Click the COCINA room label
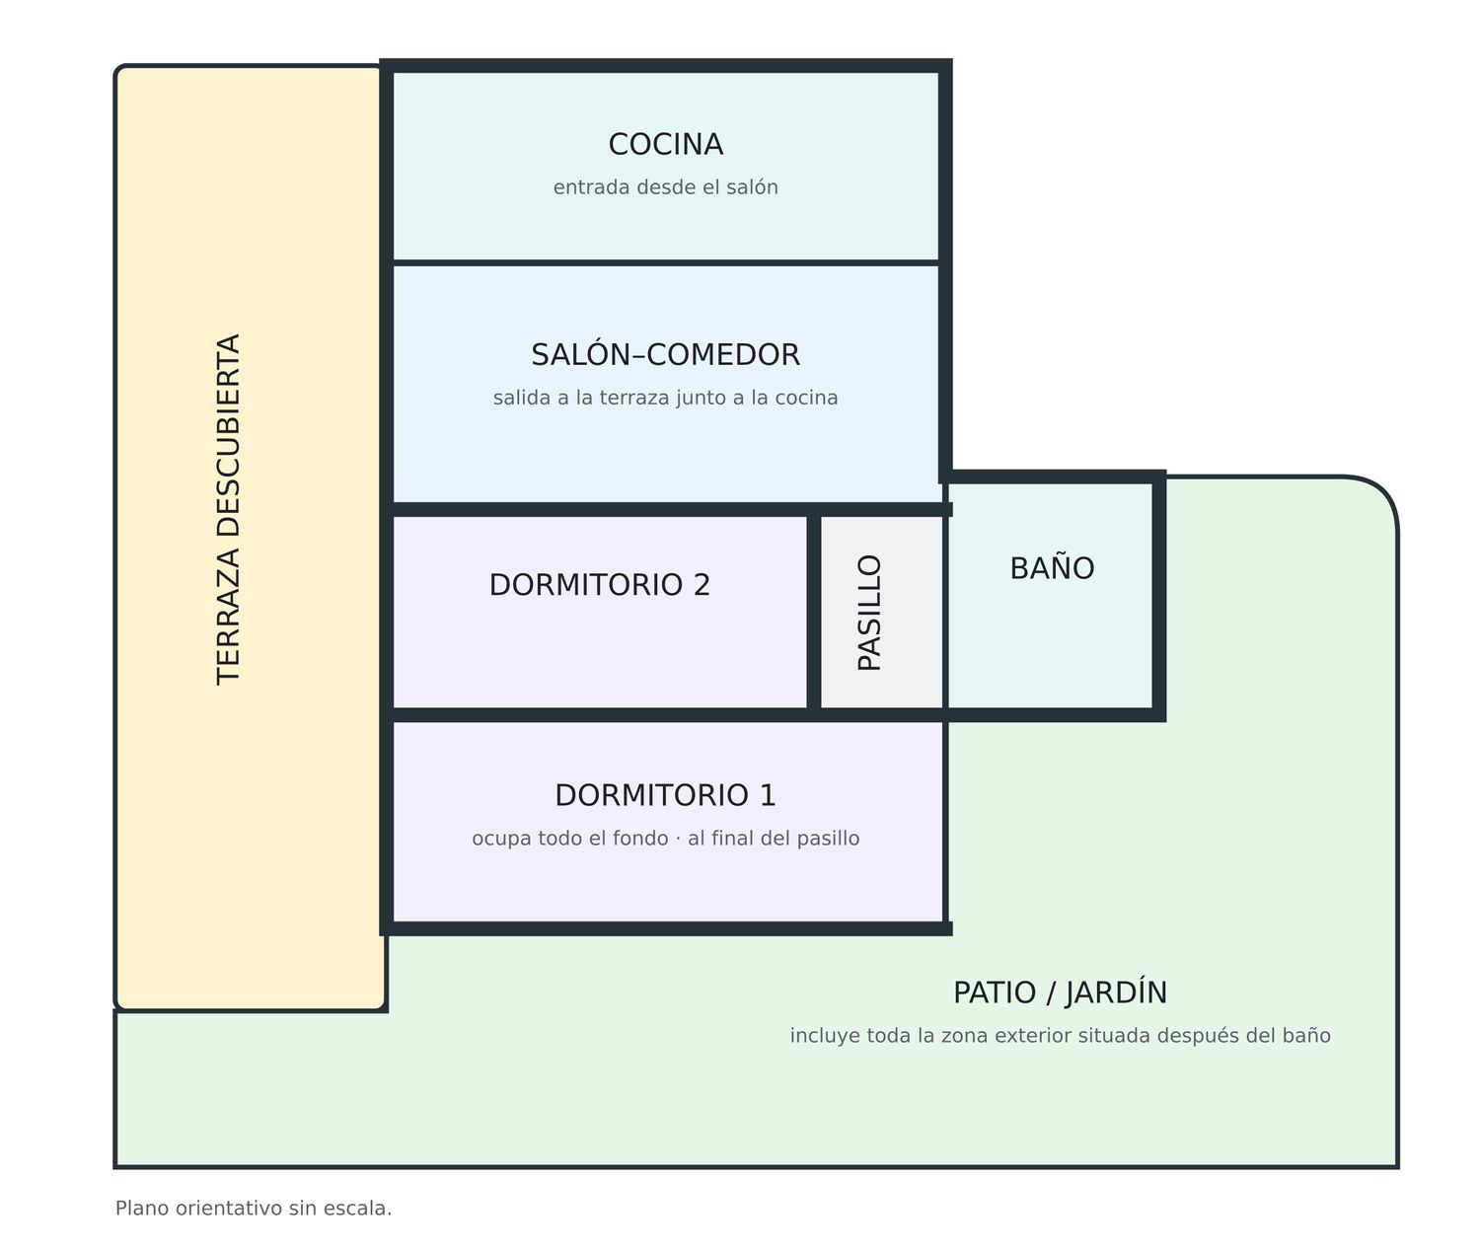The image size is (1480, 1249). [666, 145]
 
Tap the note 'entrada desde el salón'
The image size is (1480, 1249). [666, 187]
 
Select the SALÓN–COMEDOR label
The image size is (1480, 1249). [666, 354]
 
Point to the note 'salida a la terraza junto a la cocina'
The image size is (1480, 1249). [666, 398]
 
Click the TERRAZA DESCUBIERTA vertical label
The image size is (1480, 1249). [228, 509]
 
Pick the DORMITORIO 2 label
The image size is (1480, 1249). [600, 585]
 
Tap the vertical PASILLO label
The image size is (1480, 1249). [869, 613]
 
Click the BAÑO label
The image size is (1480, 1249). [1053, 567]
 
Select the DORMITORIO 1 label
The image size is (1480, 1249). [666, 795]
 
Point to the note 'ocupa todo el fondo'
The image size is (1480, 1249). [570, 839]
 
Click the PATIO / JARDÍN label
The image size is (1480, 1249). [1061, 992]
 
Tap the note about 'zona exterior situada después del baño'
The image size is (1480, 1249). [1061, 1036]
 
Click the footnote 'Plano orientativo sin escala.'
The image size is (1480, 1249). [254, 1208]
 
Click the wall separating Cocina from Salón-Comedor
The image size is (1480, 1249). [666, 263]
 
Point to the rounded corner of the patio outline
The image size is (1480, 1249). [1382, 493]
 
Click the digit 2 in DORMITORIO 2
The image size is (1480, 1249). [701, 585]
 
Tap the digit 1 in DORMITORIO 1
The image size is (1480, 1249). [768, 795]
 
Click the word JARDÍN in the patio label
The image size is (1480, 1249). [1116, 992]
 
